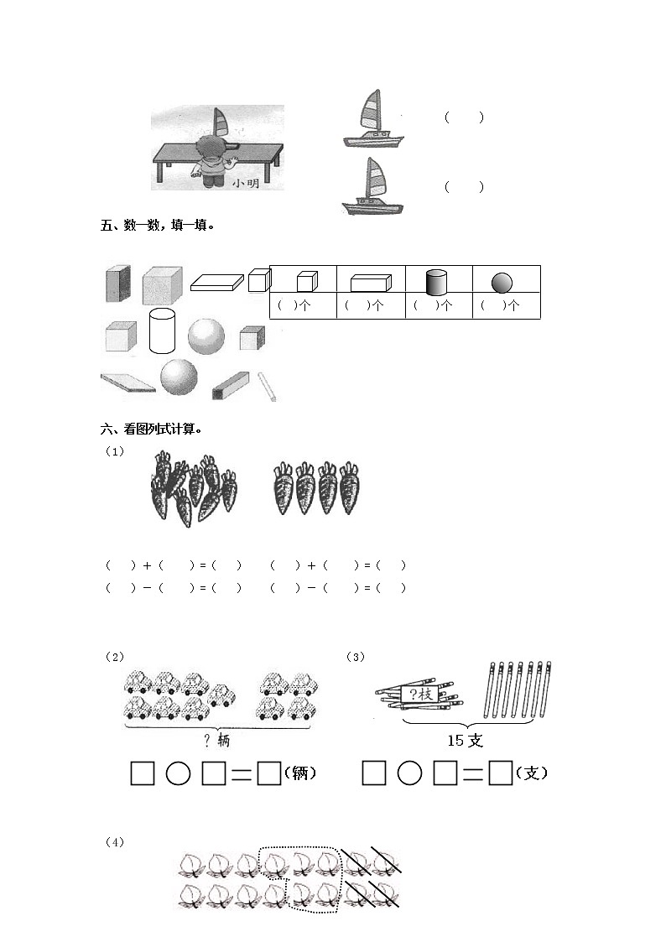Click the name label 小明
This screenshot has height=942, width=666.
[x=246, y=183]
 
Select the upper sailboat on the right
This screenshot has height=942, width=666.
[x=373, y=119]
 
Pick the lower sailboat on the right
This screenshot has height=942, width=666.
[x=373, y=186]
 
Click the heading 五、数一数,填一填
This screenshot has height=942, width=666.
[x=158, y=226]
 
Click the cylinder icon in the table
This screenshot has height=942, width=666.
[x=437, y=282]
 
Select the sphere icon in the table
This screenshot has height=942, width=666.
[x=502, y=283]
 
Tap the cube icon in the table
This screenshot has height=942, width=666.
[x=307, y=281]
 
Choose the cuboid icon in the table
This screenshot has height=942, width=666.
[x=371, y=283]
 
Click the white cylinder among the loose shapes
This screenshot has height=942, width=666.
[x=162, y=330]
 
